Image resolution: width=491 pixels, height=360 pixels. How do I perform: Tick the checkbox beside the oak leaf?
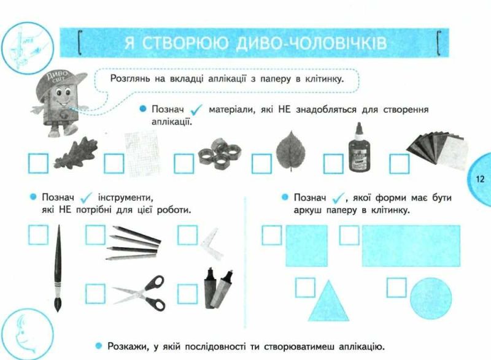tap(38, 163)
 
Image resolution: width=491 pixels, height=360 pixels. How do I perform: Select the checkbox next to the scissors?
tap(95, 294)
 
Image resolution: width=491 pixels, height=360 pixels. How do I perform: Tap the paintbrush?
tap(58, 269)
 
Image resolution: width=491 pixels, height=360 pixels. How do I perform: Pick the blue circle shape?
tap(431, 299)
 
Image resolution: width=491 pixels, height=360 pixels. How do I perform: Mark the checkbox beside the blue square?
tap(271, 236)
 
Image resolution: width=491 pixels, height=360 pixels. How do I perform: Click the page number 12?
tap(480, 179)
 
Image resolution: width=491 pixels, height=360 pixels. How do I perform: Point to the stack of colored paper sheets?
tap(438, 150)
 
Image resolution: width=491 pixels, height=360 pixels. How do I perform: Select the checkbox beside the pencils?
tap(95, 235)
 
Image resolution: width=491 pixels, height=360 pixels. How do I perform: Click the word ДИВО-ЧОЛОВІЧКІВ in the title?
tap(311, 43)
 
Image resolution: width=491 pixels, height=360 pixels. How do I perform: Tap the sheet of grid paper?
tap(143, 153)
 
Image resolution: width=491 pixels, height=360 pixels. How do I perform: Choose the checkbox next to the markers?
tap(187, 294)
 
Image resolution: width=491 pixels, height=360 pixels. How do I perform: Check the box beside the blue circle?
tap(396, 288)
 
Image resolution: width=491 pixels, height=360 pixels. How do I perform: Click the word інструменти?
tap(126, 198)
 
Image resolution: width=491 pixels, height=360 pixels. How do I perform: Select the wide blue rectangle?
tap(411, 246)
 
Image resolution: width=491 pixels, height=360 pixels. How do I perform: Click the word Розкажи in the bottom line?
tap(128, 347)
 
